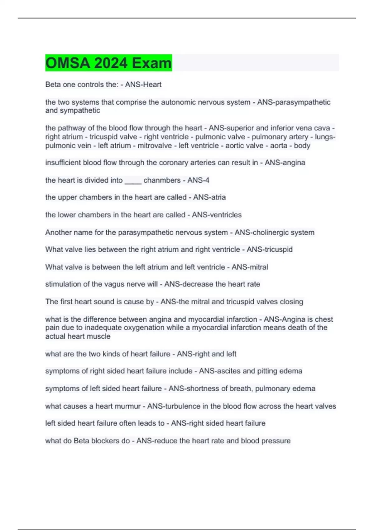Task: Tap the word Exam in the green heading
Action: coord(152,63)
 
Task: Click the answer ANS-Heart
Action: coord(143,84)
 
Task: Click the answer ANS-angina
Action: coord(285,163)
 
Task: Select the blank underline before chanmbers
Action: coord(133,181)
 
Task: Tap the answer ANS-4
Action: coord(198,180)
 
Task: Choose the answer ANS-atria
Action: coord(209,197)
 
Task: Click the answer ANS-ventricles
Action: coord(217,215)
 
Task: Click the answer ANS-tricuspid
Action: coord(270,250)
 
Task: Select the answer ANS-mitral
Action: coord(250,267)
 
